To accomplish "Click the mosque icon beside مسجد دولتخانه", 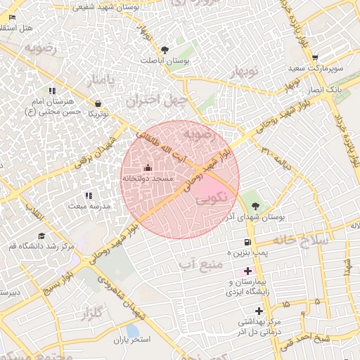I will (148, 167).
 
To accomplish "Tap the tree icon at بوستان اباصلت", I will (165, 50).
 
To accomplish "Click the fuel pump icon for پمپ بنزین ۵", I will (247, 242).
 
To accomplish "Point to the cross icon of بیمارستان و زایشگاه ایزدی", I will (247, 271).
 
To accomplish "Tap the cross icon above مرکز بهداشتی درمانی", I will (259, 310).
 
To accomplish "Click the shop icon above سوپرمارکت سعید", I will (315, 58).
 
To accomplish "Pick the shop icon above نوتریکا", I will (96, 103).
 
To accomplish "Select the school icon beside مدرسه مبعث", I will (88, 195).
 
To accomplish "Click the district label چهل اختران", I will (156, 100).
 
